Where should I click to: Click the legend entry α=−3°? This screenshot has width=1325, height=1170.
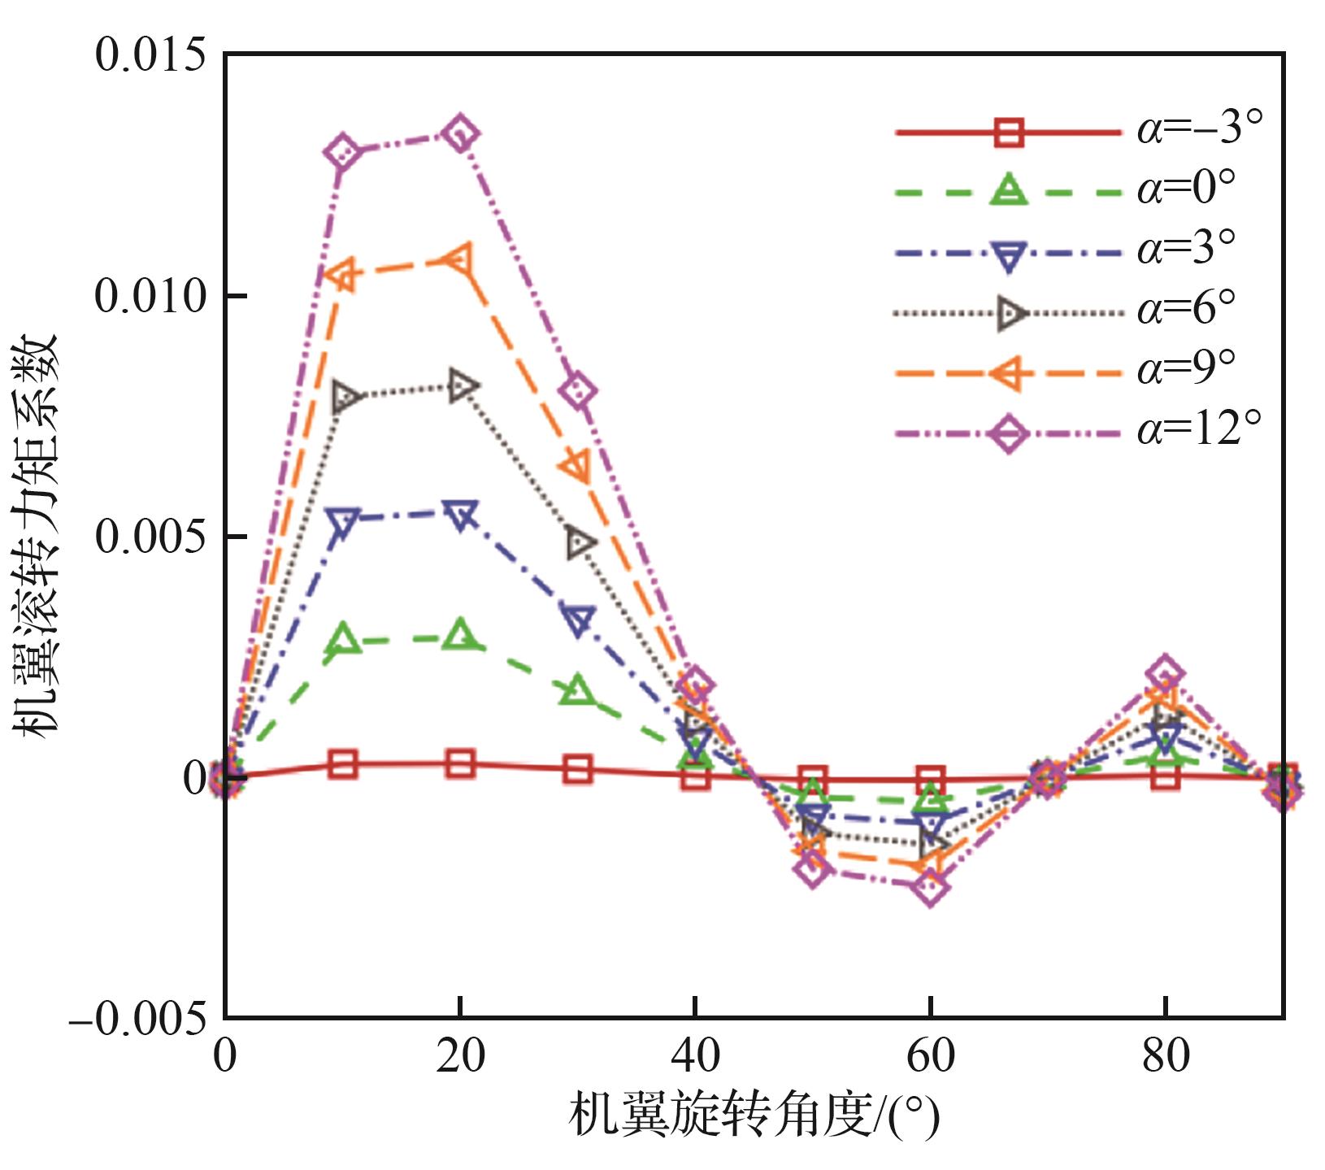(x=1081, y=131)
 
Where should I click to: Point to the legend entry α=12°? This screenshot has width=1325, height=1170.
(x=1081, y=433)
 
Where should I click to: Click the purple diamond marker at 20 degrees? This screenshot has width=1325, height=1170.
(x=460, y=133)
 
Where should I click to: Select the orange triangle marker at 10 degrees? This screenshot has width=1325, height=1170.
(x=343, y=274)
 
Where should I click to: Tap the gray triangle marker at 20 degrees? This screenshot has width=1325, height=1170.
(x=461, y=385)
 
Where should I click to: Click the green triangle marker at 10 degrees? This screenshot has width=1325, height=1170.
(x=343, y=639)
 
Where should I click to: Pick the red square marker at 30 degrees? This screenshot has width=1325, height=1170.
(x=578, y=769)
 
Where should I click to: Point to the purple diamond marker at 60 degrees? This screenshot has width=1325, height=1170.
(x=931, y=888)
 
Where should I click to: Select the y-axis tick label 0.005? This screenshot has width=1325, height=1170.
(x=150, y=537)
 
